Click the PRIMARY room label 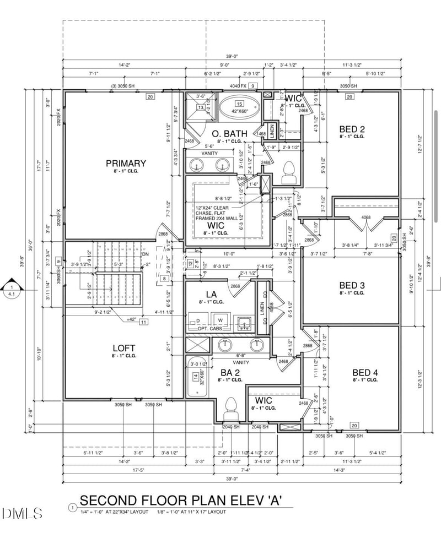tap(126, 163)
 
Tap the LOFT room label tap(124, 348)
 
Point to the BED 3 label tap(352, 285)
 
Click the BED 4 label tap(365, 372)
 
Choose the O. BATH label tap(229, 134)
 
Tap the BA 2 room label tap(230, 372)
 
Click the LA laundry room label tap(211, 295)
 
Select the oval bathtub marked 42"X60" tap(240, 107)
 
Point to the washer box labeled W tap(220, 320)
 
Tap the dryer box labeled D tap(197, 320)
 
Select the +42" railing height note tap(131, 319)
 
